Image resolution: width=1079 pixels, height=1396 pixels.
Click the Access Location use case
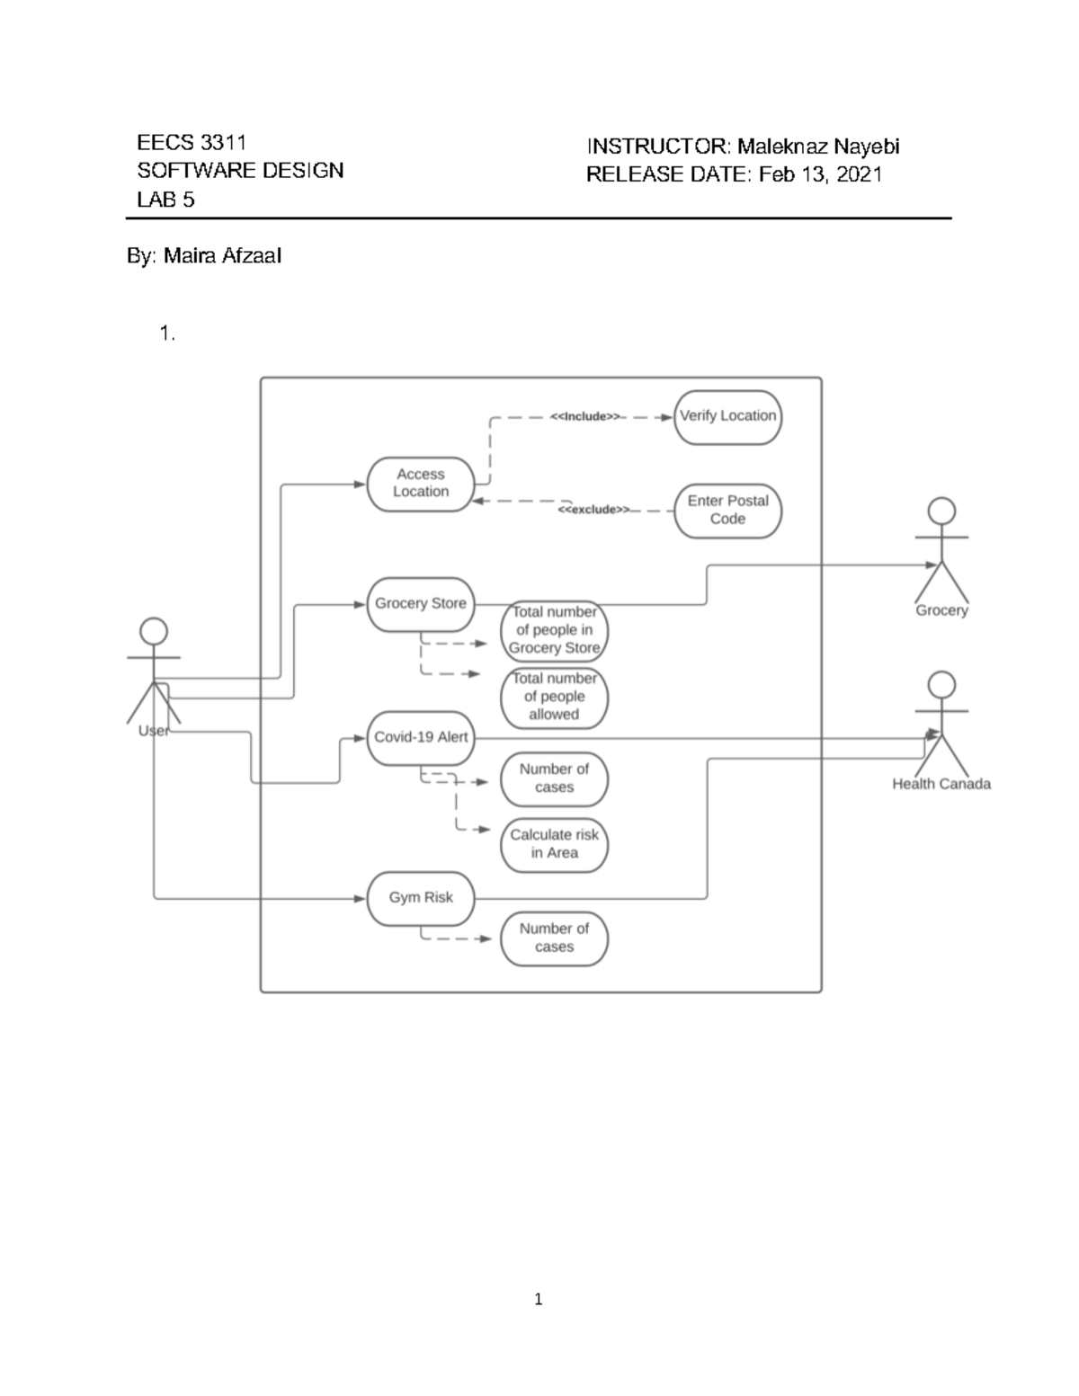pyautogui.click(x=420, y=484)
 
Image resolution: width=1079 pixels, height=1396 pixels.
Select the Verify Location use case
pyautogui.click(x=727, y=416)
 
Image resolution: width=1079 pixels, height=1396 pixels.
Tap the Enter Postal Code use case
pyautogui.click(x=727, y=510)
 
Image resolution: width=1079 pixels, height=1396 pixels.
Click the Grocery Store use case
pyautogui.click(x=420, y=603)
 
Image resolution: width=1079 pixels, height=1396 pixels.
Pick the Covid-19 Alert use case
pyautogui.click(x=420, y=737)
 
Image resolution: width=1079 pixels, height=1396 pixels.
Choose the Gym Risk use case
pyautogui.click(x=420, y=897)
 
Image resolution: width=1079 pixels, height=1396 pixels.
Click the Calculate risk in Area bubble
pyautogui.click(x=554, y=844)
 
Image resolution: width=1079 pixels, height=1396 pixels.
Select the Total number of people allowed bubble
pyautogui.click(x=554, y=697)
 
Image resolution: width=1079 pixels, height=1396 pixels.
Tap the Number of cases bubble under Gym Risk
pyautogui.click(x=554, y=938)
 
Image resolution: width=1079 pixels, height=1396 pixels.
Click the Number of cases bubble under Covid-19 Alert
pyautogui.click(x=554, y=778)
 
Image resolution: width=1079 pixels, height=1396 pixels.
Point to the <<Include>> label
pyautogui.click(x=584, y=416)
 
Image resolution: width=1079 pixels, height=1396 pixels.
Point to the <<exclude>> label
pyautogui.click(x=593, y=510)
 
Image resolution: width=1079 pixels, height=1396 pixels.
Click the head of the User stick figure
pyautogui.click(x=154, y=630)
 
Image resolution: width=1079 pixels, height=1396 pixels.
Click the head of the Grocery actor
pyautogui.click(x=941, y=511)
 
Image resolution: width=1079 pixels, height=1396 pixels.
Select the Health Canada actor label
pyautogui.click(x=941, y=784)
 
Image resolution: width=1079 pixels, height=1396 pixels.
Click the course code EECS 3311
pyautogui.click(x=192, y=143)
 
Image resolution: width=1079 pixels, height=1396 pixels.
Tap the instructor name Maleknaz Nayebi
pyautogui.click(x=818, y=147)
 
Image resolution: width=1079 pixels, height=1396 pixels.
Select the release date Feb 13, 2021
pyautogui.click(x=820, y=174)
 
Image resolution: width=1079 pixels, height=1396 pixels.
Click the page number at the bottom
pyautogui.click(x=538, y=1299)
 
